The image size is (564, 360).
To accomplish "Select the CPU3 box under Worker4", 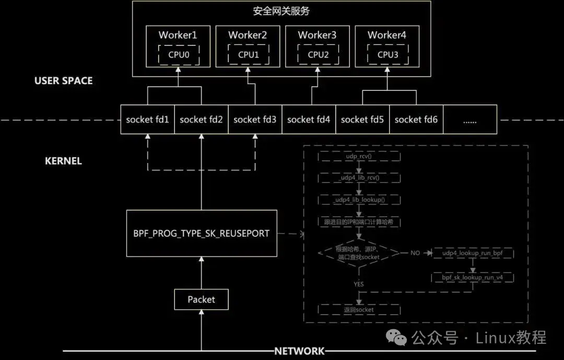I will pyautogui.click(x=387, y=54).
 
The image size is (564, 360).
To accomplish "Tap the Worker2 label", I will pyautogui.click(x=248, y=35).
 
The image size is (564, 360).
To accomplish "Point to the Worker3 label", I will pyautogui.click(x=317, y=35).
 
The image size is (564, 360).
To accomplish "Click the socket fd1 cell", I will pyautogui.click(x=147, y=120).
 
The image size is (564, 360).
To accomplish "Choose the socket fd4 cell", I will pyautogui.click(x=309, y=120).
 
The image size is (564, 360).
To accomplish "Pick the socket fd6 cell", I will pyautogui.click(x=416, y=120).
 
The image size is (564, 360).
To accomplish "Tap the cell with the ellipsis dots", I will pyautogui.click(x=470, y=120).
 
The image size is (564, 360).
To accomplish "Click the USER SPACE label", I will pyautogui.click(x=63, y=80).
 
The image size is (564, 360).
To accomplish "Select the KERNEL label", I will pyautogui.click(x=63, y=161).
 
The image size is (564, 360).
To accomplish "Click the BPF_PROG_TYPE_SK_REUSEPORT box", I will pyautogui.click(x=202, y=233).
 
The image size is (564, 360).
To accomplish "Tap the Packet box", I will pyautogui.click(x=201, y=299).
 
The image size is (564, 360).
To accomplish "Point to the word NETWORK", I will pyautogui.click(x=300, y=351).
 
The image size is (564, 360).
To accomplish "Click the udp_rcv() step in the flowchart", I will pyautogui.click(x=359, y=156).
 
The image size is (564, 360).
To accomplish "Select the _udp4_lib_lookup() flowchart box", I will pyautogui.click(x=359, y=200).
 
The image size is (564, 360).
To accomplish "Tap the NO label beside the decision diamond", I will pyautogui.click(x=415, y=253).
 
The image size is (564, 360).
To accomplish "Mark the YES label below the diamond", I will pyautogui.click(x=358, y=284).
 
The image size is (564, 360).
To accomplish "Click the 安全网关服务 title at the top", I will pyautogui.click(x=281, y=10).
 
